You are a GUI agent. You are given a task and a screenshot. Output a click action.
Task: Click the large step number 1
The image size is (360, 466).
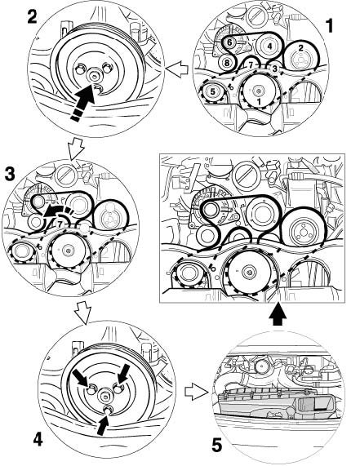coord(330,25)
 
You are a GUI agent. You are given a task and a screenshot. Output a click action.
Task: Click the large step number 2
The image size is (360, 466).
coord(32,16)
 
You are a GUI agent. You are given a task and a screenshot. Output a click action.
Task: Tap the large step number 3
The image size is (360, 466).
coord(10,174)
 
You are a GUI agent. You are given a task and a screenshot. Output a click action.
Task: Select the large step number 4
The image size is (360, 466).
coord(38,439)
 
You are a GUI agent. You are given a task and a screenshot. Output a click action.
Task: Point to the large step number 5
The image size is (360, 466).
coord(217,446)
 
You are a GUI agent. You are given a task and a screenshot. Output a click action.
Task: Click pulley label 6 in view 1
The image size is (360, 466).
coord(229,42)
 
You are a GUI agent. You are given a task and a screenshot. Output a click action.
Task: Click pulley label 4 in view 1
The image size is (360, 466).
coord(269,47)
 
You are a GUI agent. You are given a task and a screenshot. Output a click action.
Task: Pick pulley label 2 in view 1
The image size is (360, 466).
coord(301,48)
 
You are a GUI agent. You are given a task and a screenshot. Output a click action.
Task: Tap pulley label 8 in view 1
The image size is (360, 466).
coord(227,63)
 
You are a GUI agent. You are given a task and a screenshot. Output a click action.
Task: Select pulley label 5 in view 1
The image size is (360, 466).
coord(212,91)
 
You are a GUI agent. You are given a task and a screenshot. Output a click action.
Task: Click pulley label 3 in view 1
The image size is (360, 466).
coord(274,69)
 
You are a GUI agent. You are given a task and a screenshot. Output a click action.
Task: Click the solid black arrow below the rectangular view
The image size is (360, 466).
coord(278,315)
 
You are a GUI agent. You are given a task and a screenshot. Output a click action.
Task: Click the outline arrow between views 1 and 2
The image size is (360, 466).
coord(177,69)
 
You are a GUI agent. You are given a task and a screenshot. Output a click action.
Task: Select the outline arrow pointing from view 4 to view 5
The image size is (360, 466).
coord(196,392)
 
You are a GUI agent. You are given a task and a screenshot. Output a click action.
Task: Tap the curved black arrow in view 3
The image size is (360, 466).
coord(58,211)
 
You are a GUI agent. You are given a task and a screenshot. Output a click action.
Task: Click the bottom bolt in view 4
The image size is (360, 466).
coord(108,410)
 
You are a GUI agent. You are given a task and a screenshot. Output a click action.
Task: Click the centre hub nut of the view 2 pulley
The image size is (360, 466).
coord(94,77)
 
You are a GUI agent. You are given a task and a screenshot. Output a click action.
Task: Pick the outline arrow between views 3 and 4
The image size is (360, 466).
coord(82,313)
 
